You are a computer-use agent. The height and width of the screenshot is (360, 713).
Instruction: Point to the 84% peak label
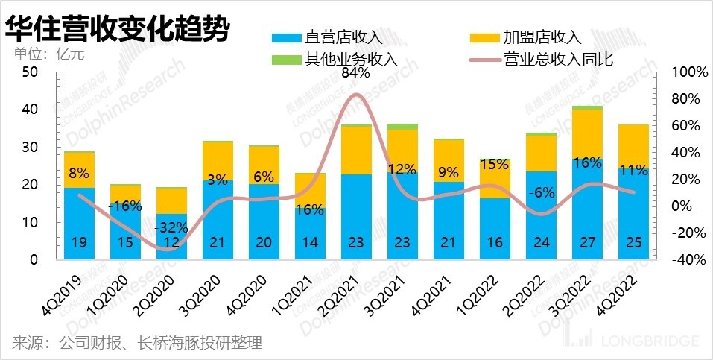pos(355,73)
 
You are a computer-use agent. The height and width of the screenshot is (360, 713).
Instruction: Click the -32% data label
pos(171,227)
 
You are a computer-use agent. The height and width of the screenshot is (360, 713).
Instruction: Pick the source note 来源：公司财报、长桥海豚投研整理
pos(137,344)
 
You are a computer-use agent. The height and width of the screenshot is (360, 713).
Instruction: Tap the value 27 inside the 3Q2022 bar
pos(587,242)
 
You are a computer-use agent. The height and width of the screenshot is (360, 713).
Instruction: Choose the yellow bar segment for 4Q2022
pos(633,146)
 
